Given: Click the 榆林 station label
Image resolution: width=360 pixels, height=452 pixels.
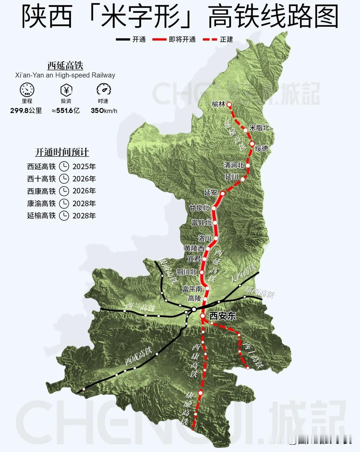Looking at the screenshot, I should click(218, 104).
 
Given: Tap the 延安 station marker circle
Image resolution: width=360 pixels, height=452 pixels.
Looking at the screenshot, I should click(222, 193).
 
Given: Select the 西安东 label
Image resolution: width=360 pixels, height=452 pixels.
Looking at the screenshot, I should click(223, 316).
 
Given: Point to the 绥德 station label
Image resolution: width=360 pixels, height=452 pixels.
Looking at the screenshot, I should click(261, 148).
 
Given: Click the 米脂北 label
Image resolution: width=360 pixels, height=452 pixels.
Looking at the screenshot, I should click(259, 128).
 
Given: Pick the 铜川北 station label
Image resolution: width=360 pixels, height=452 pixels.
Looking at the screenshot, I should click(186, 272).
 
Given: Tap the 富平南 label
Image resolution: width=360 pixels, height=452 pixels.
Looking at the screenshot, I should click(192, 289).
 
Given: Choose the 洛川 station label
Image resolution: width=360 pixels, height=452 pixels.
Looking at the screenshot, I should click(205, 238).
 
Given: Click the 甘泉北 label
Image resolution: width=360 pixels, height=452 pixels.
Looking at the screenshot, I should click(199, 208).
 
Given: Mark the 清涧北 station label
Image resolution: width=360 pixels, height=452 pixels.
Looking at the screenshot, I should click(234, 165).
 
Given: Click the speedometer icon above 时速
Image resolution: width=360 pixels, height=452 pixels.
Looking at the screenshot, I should click(104, 90).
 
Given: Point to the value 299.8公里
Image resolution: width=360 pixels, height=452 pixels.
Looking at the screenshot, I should click(26, 110).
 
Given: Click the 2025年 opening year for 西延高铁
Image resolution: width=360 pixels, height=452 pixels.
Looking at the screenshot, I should click(84, 167).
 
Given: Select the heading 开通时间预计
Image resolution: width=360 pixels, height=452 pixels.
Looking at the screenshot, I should click(62, 152).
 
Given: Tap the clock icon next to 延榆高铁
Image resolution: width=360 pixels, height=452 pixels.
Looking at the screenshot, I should click(64, 216).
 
